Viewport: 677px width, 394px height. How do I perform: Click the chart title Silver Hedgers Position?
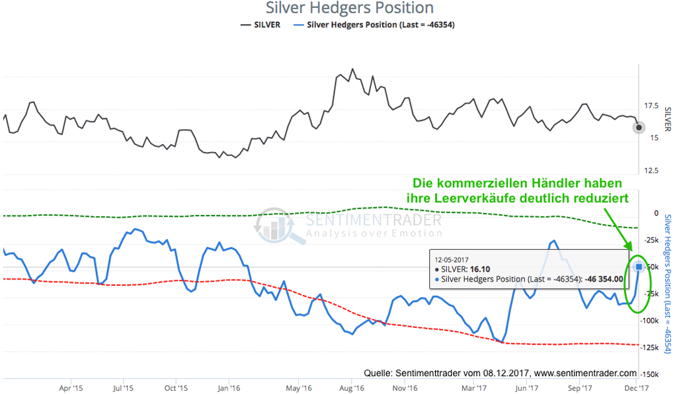(350, 9)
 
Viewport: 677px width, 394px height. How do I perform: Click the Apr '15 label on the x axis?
(71, 388)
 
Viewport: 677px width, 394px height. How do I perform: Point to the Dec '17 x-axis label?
(637, 388)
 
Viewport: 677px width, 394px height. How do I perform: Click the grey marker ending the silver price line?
(638, 128)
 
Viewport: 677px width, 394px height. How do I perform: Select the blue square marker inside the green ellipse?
(639, 266)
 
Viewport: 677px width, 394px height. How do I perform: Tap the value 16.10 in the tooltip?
(481, 269)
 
